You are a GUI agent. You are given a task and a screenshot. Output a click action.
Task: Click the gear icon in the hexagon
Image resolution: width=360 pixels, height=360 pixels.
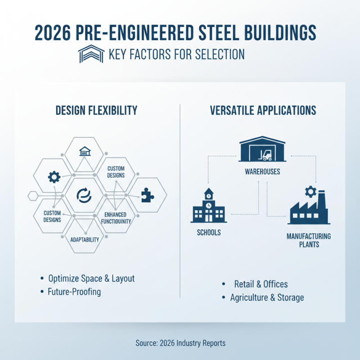click(54, 177)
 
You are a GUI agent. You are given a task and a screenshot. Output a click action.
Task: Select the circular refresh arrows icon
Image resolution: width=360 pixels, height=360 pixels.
click(85, 194)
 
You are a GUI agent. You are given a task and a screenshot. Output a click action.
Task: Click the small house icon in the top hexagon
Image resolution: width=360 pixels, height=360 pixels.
click(85, 151)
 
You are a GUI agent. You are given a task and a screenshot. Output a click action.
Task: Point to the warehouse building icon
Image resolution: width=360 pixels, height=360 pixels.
click(262, 150)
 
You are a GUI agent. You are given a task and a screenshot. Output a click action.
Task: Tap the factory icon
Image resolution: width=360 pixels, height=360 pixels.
click(309, 209)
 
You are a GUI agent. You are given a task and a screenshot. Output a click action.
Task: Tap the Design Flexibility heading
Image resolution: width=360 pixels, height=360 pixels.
click(96, 111)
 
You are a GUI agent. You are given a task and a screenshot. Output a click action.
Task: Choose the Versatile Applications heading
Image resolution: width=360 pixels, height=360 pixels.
click(263, 111)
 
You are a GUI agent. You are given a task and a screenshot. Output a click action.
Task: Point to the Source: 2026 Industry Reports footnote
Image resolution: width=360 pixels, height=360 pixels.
click(180, 343)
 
